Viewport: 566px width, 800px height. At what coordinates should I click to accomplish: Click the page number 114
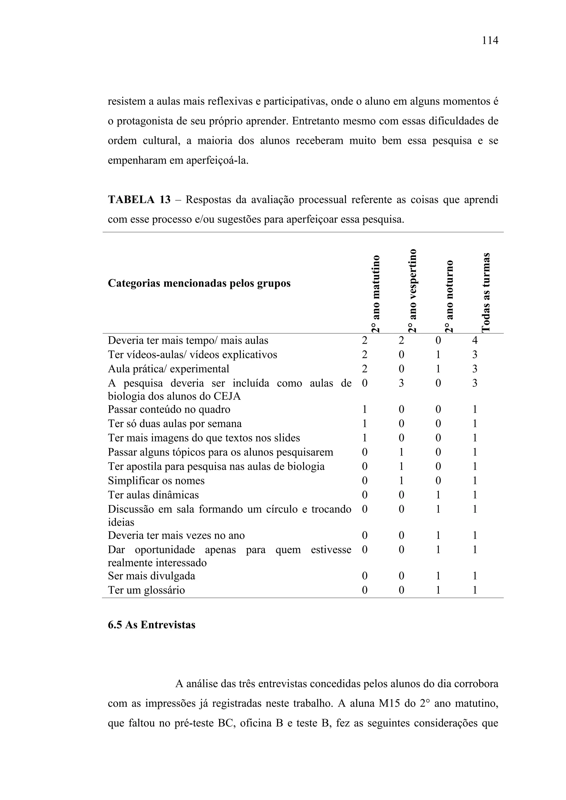click(x=490, y=41)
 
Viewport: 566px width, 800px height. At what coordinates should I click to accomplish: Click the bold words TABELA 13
click(x=139, y=200)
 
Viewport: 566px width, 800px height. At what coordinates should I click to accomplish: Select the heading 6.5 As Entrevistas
click(x=152, y=625)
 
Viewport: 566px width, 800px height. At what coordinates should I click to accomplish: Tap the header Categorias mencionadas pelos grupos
click(x=199, y=283)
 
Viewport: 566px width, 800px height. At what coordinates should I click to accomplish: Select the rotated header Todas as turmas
click(x=486, y=292)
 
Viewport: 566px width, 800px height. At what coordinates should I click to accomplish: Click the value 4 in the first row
click(x=474, y=340)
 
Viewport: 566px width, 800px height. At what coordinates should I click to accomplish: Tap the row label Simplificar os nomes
click(x=156, y=481)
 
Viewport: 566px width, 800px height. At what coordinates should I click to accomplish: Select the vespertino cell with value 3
click(x=401, y=383)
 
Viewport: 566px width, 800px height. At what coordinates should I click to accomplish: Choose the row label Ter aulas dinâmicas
click(x=153, y=495)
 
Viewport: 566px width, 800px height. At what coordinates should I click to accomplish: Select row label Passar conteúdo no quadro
click(x=169, y=409)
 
